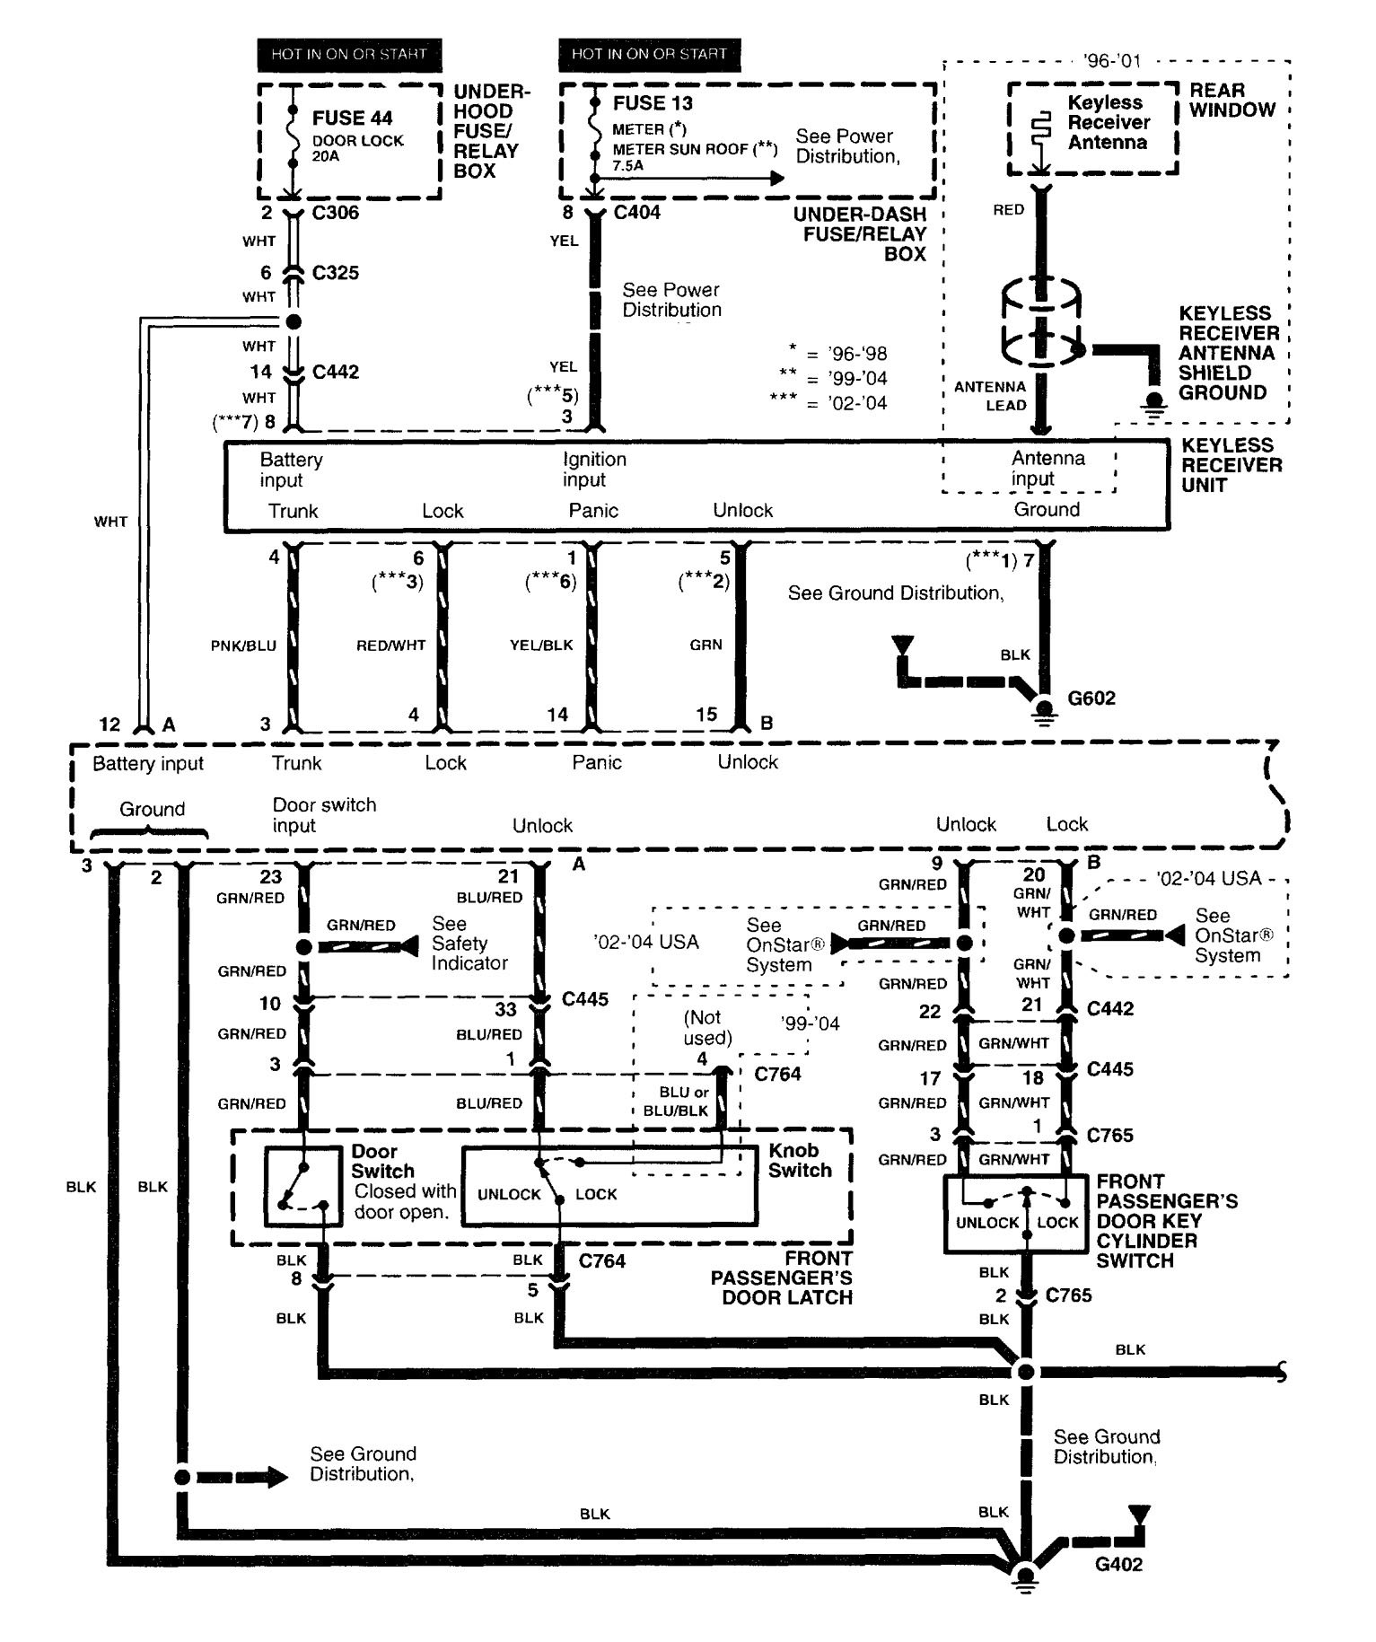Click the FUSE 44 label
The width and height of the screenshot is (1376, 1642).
click(x=352, y=119)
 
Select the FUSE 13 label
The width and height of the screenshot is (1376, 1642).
click(x=653, y=103)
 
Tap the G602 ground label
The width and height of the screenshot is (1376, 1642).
click(x=1091, y=698)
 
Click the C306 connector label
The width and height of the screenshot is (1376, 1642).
click(x=335, y=213)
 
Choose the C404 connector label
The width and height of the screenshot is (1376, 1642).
click(x=636, y=213)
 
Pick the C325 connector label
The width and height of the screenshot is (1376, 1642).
click(x=335, y=273)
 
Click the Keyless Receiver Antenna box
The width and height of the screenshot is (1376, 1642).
click(x=1092, y=129)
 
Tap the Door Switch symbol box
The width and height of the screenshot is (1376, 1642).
click(x=303, y=1186)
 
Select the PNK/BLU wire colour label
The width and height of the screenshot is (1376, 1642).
click(x=243, y=645)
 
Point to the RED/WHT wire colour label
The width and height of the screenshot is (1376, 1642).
click(x=390, y=645)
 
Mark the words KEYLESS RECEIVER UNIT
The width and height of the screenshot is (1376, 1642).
click(x=1231, y=465)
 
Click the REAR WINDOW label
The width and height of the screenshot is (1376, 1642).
click(x=1231, y=100)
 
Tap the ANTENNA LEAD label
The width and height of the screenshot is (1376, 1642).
click(x=990, y=396)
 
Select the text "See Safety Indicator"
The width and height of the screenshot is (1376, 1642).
click(x=469, y=944)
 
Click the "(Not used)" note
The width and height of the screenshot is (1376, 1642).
click(x=708, y=1028)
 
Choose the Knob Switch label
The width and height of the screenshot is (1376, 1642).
click(x=800, y=1160)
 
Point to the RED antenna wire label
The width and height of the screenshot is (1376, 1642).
click(x=1008, y=209)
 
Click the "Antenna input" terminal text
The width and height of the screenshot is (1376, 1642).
click(x=1047, y=469)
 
